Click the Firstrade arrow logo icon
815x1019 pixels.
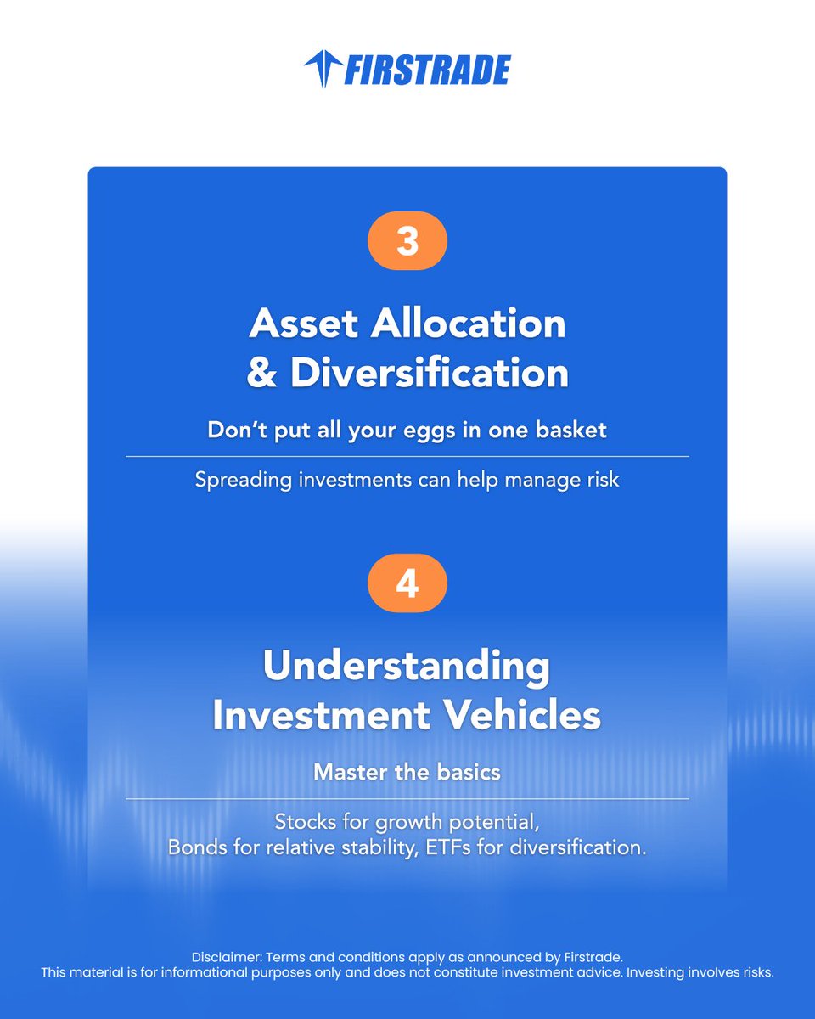(x=321, y=69)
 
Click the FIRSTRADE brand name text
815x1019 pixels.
(x=426, y=70)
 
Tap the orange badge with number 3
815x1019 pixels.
(x=407, y=241)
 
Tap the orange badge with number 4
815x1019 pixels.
(x=407, y=585)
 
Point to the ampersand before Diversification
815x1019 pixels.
(x=262, y=374)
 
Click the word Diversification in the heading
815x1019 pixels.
(x=430, y=374)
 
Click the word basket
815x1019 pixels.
(x=570, y=430)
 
